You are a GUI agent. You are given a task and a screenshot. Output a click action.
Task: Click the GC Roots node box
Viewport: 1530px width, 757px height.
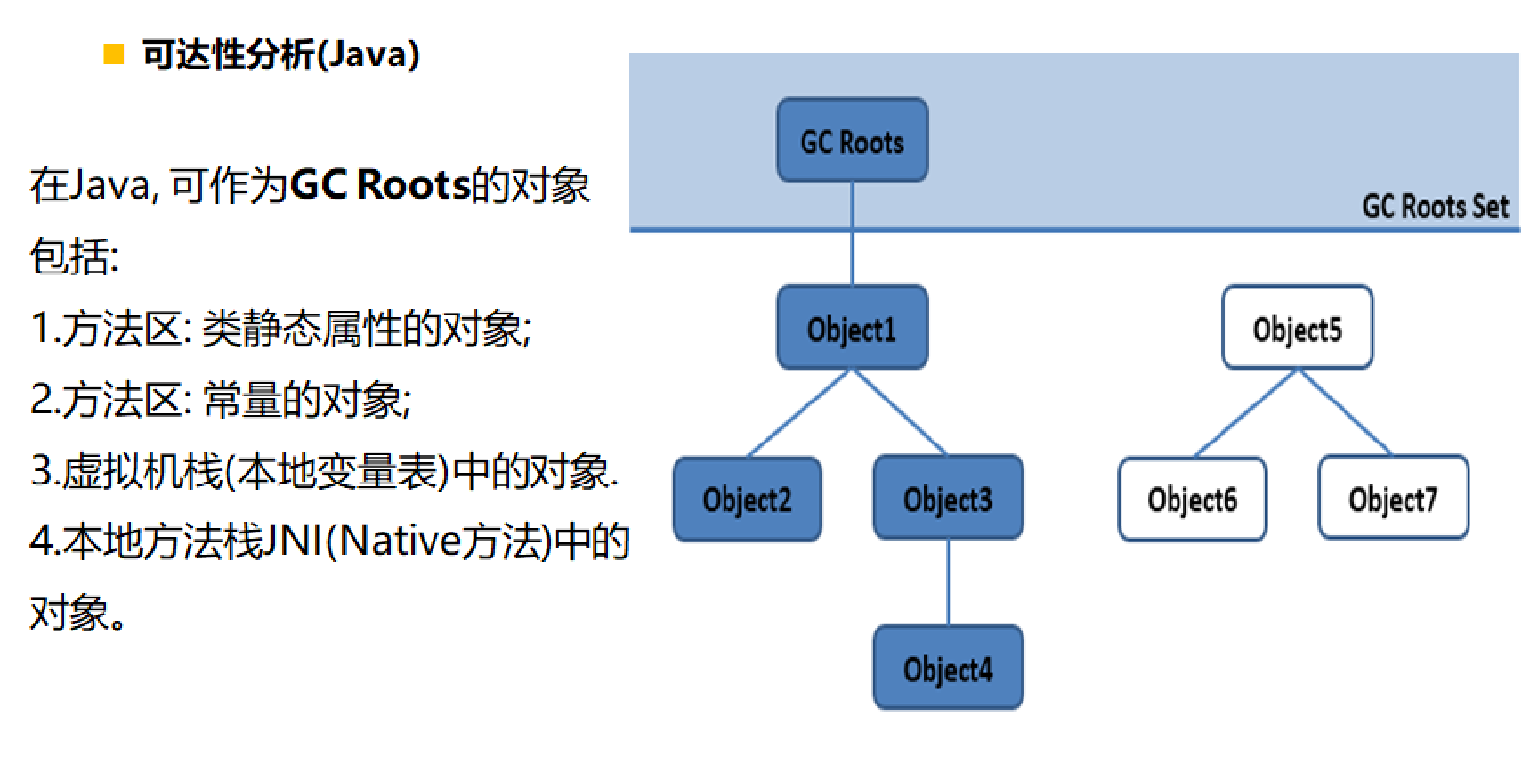click(x=853, y=141)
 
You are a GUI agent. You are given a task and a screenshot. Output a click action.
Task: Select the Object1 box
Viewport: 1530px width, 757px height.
click(x=853, y=328)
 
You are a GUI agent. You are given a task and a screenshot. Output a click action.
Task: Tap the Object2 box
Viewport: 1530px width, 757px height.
click(x=748, y=499)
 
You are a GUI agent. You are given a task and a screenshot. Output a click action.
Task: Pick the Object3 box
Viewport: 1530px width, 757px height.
click(x=948, y=498)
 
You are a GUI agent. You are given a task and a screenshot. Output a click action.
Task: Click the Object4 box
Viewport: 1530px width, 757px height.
click(x=948, y=668)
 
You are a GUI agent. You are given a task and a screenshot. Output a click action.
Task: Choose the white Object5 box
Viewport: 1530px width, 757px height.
click(x=1298, y=328)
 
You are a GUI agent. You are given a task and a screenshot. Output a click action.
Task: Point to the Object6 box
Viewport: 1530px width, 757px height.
click(x=1193, y=499)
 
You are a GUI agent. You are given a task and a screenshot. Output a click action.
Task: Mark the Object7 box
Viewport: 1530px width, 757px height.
click(x=1394, y=498)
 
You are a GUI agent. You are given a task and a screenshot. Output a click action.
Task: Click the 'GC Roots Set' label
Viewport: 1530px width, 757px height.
click(x=1436, y=207)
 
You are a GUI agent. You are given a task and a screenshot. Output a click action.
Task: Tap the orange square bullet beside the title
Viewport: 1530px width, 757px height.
click(x=114, y=54)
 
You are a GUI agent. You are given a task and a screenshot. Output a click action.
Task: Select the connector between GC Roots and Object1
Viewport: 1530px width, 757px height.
click(x=853, y=233)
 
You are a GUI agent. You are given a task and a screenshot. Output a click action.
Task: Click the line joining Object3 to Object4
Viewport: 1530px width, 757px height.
click(x=948, y=582)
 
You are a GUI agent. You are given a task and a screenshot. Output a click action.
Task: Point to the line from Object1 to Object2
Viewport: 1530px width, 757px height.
click(x=799, y=413)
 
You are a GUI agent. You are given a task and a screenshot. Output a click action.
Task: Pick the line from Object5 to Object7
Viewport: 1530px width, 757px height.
click(x=1346, y=412)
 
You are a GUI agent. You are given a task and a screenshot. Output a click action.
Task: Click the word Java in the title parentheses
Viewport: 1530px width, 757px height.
click(x=368, y=54)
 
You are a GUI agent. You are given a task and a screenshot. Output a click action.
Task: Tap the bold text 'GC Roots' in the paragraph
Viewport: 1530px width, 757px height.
click(x=380, y=184)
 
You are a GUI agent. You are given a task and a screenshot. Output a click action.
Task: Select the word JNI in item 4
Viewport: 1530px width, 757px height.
click(x=294, y=541)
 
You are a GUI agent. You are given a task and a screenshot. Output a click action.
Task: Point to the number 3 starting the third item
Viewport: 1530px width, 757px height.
click(x=41, y=470)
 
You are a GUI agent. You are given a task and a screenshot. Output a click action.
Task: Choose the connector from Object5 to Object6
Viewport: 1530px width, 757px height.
click(x=1245, y=413)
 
